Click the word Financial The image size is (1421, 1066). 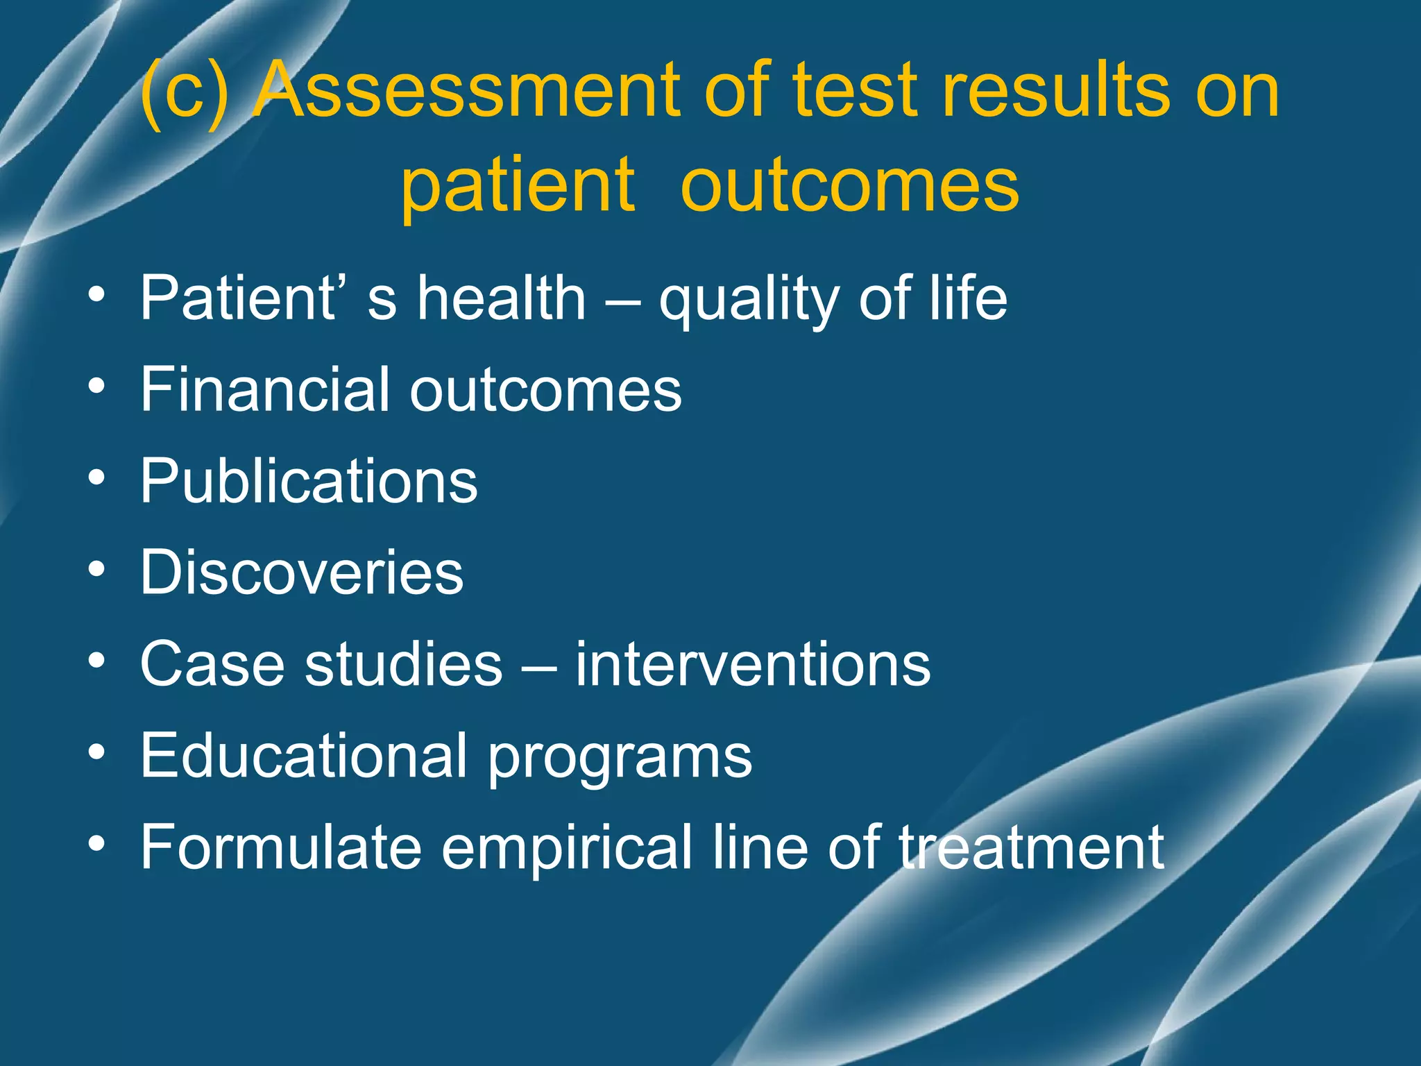click(x=263, y=389)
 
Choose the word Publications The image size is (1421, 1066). click(x=309, y=482)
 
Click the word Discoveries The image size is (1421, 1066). click(x=302, y=573)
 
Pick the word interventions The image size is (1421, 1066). click(x=753, y=664)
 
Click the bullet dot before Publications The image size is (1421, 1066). click(x=97, y=478)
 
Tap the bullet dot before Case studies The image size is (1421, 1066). click(x=97, y=661)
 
